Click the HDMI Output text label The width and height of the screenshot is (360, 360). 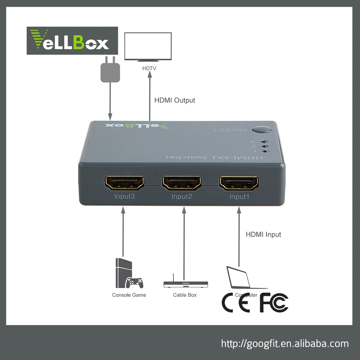click(x=175, y=100)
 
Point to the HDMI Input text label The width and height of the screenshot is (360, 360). click(x=263, y=234)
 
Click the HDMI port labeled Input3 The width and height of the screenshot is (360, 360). click(x=124, y=183)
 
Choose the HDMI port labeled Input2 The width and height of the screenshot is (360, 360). click(x=182, y=183)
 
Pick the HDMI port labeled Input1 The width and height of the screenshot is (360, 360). click(x=239, y=183)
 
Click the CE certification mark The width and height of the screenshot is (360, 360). click(x=236, y=303)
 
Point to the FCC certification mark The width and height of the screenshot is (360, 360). click(x=274, y=303)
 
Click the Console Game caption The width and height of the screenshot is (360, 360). click(x=129, y=295)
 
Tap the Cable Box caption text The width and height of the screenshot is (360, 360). click(x=185, y=295)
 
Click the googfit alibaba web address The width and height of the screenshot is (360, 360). click(x=285, y=343)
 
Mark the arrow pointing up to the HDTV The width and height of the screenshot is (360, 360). click(x=149, y=97)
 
